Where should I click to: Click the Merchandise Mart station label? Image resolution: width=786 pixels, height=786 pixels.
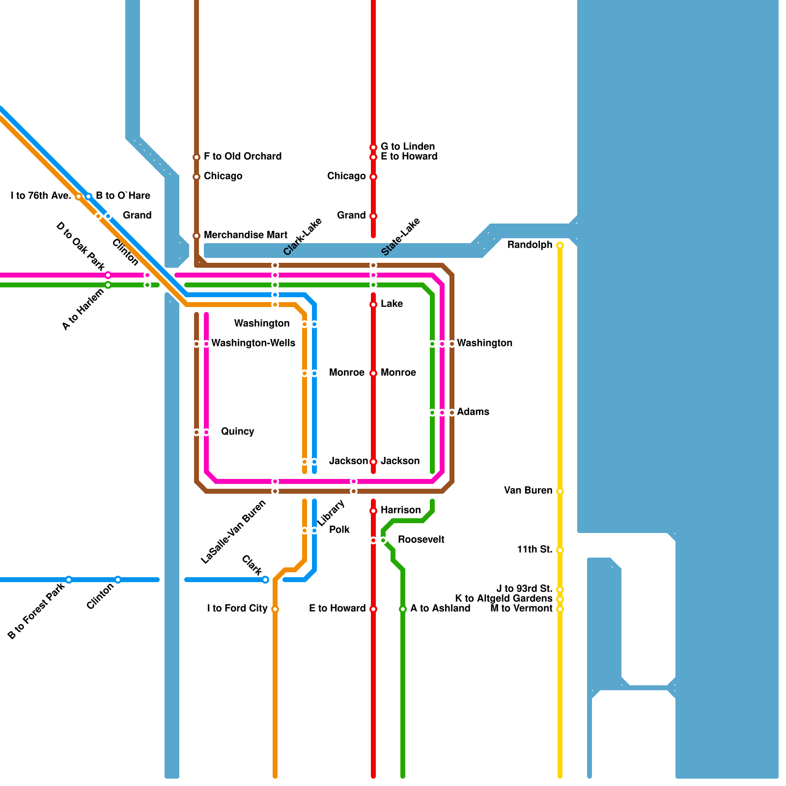pyautogui.click(x=245, y=235)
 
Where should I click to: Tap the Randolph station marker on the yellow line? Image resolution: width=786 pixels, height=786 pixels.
pyautogui.click(x=560, y=246)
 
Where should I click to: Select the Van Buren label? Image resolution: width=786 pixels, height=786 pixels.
pyautogui.click(x=528, y=490)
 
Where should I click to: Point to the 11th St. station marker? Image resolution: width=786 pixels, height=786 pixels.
pyautogui.click(x=560, y=550)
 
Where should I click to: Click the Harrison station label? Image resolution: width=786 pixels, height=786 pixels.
pyautogui.click(x=400, y=510)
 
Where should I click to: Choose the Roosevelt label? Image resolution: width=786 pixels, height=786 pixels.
pyautogui.click(x=421, y=539)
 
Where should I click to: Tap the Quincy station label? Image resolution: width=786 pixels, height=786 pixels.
pyautogui.click(x=237, y=431)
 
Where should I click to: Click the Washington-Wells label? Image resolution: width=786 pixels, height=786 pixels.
pyautogui.click(x=253, y=343)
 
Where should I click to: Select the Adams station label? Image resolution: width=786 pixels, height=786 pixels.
pyautogui.click(x=473, y=412)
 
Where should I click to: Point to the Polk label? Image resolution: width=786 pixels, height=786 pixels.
pyautogui.click(x=339, y=530)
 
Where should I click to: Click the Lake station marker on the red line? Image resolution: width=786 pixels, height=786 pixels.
pyautogui.click(x=373, y=305)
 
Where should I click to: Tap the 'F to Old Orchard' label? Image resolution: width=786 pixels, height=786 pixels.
pyautogui.click(x=243, y=156)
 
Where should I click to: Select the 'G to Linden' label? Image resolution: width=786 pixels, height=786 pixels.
pyautogui.click(x=408, y=146)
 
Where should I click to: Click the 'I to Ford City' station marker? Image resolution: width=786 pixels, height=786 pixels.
pyautogui.click(x=275, y=609)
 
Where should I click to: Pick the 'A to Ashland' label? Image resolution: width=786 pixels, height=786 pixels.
pyautogui.click(x=440, y=608)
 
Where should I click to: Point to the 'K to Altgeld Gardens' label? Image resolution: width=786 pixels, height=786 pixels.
pyautogui.click(x=504, y=598)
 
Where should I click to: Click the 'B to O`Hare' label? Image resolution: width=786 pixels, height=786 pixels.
pyautogui.click(x=123, y=196)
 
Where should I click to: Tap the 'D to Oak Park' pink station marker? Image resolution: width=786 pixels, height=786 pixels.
pyautogui.click(x=108, y=275)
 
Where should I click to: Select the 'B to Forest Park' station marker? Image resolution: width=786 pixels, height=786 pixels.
pyautogui.click(x=69, y=580)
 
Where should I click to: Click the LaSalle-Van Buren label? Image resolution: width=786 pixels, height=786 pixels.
pyautogui.click(x=233, y=532)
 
